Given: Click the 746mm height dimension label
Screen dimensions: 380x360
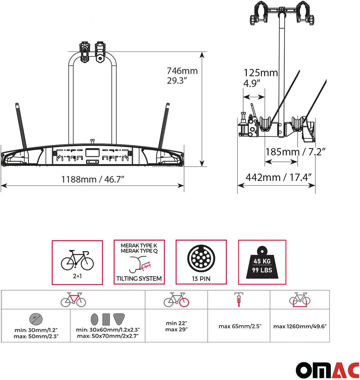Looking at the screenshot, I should click(x=182, y=71).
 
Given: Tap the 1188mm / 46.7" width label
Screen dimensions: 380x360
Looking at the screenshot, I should click(x=93, y=180).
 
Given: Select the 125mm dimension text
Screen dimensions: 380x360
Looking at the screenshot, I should click(x=260, y=73).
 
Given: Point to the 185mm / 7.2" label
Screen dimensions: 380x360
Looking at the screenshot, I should click(x=295, y=152).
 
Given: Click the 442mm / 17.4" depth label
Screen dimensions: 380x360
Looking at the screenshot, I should click(x=280, y=177).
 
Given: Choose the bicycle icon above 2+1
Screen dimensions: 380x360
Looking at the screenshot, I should click(x=77, y=260).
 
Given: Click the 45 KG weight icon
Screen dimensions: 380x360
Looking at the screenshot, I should click(x=262, y=263).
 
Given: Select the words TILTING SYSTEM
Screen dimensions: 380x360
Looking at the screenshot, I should click(x=139, y=278).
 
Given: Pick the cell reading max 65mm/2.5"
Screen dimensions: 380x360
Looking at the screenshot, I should click(x=240, y=326).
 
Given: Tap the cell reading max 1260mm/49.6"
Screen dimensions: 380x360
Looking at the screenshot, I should click(x=300, y=326).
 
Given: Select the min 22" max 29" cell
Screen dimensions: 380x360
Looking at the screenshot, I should click(x=176, y=326).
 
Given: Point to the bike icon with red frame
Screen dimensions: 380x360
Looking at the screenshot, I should click(x=73, y=299).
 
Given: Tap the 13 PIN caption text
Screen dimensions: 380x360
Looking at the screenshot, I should click(x=201, y=278).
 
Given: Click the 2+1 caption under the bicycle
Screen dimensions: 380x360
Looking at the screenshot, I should click(x=77, y=276).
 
